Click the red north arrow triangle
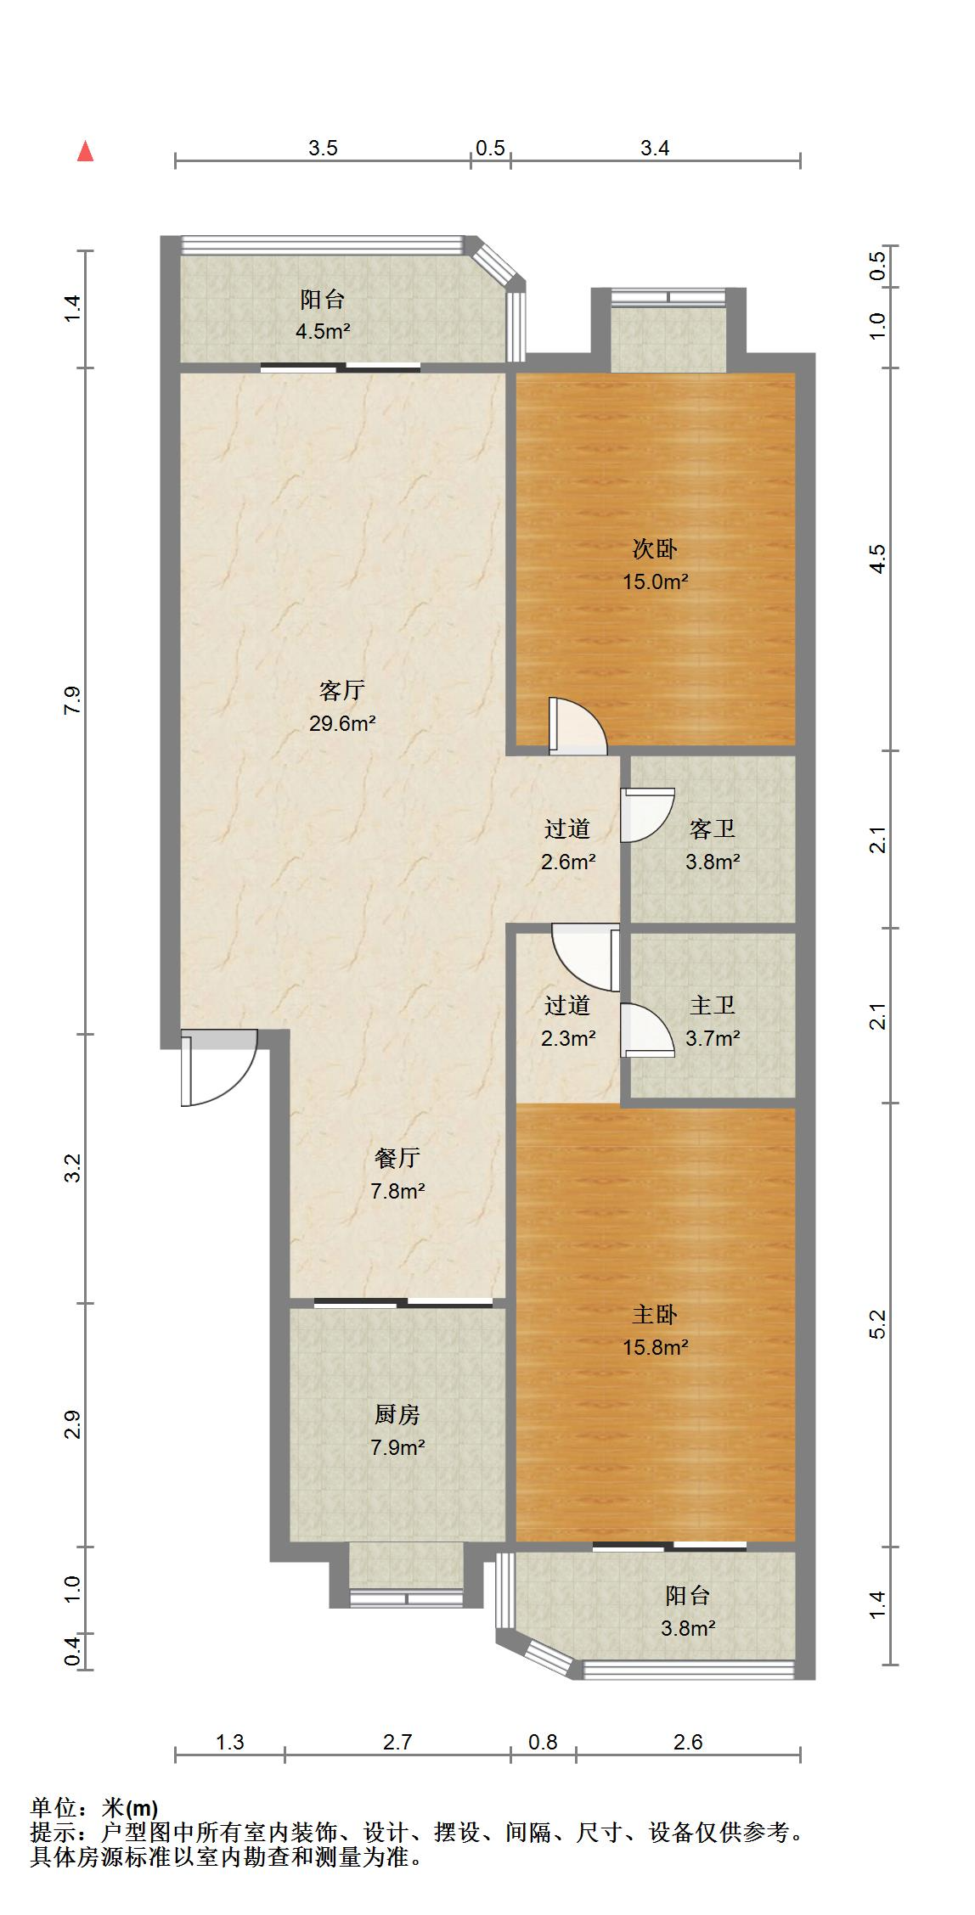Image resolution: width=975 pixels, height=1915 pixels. (85, 152)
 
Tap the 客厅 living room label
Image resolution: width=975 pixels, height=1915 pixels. (342, 691)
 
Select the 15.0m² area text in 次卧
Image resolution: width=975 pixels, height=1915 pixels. (655, 582)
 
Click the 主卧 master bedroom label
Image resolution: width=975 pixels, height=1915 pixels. (655, 1315)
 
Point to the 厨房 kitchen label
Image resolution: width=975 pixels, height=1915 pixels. (397, 1415)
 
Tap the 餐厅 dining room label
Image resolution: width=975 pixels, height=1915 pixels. (397, 1158)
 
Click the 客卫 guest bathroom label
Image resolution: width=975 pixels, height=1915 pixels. (712, 828)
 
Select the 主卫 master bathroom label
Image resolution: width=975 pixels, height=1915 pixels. (712, 1005)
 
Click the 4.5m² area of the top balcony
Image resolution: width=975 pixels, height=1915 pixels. (323, 332)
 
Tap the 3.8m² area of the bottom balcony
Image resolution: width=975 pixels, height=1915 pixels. (688, 1629)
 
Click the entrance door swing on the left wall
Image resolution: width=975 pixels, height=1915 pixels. (216, 1068)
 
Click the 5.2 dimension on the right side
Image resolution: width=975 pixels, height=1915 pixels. (878, 1324)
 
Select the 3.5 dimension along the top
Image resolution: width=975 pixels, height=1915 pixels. (323, 149)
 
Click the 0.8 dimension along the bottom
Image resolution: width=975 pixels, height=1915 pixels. (543, 1743)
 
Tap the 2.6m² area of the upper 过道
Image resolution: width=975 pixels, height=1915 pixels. (568, 862)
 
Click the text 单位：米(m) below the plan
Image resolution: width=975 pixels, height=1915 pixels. (94, 1809)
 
